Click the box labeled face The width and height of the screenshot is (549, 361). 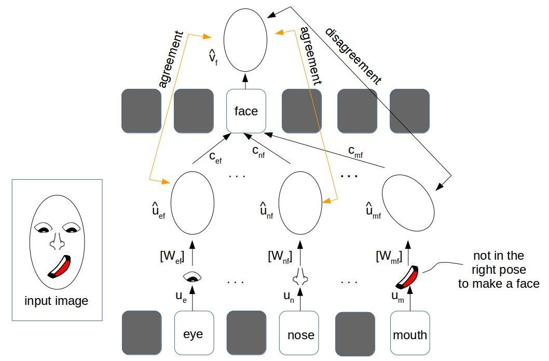[x=246, y=111]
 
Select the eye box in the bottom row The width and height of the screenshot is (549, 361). [x=194, y=333]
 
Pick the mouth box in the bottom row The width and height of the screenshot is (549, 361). [x=410, y=333]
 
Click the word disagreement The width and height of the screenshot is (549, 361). [x=353, y=56]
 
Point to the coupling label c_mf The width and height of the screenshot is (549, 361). [x=356, y=151]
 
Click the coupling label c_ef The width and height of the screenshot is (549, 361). [x=215, y=157]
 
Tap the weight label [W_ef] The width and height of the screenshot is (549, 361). [x=172, y=257]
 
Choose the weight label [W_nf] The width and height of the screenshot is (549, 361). [x=280, y=257]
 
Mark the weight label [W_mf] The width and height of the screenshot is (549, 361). [x=389, y=257]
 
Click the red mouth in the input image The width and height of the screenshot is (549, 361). [x=60, y=266]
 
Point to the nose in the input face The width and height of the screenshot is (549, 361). [x=58, y=240]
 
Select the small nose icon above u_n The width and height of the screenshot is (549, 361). [x=300, y=276]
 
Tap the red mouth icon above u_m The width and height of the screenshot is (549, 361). [x=407, y=277]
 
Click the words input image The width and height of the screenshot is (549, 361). [x=57, y=301]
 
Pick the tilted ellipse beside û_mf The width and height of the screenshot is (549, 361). [x=408, y=204]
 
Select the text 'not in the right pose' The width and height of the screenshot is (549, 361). [x=499, y=262]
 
